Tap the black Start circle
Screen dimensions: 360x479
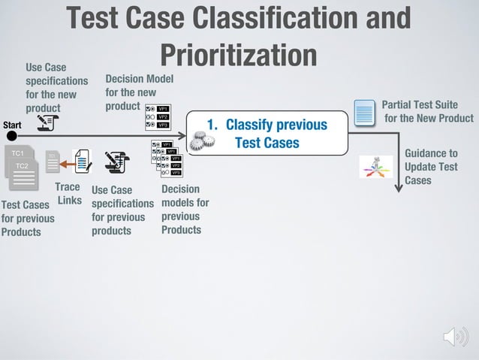tap(11, 136)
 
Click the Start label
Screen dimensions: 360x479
tap(12, 124)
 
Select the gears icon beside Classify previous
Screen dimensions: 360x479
tap(198, 141)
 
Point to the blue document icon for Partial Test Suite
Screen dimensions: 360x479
tap(364, 113)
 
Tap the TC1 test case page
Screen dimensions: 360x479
tap(15, 154)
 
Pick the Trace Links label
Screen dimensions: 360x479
tap(69, 193)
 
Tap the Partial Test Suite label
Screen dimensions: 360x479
tap(426, 111)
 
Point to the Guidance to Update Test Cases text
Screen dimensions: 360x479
tap(430, 166)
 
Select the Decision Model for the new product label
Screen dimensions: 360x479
tap(139, 92)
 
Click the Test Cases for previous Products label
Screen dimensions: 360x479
tap(27, 218)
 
